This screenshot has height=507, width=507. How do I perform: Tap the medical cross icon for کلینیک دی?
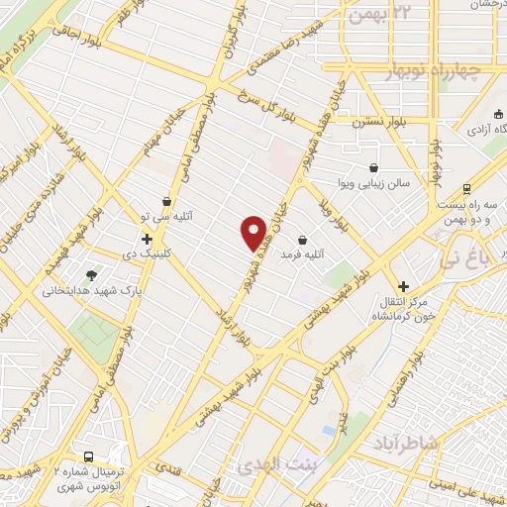[x=147, y=239]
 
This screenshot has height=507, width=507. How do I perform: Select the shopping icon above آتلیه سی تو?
[x=166, y=201]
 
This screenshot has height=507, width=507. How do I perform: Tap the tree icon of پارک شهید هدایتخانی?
[x=92, y=275]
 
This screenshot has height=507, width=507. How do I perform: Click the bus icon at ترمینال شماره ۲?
[x=90, y=457]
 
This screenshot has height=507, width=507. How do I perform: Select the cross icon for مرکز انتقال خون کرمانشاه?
[x=403, y=285]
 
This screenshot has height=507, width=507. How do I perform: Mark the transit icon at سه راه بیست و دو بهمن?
[x=465, y=190]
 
